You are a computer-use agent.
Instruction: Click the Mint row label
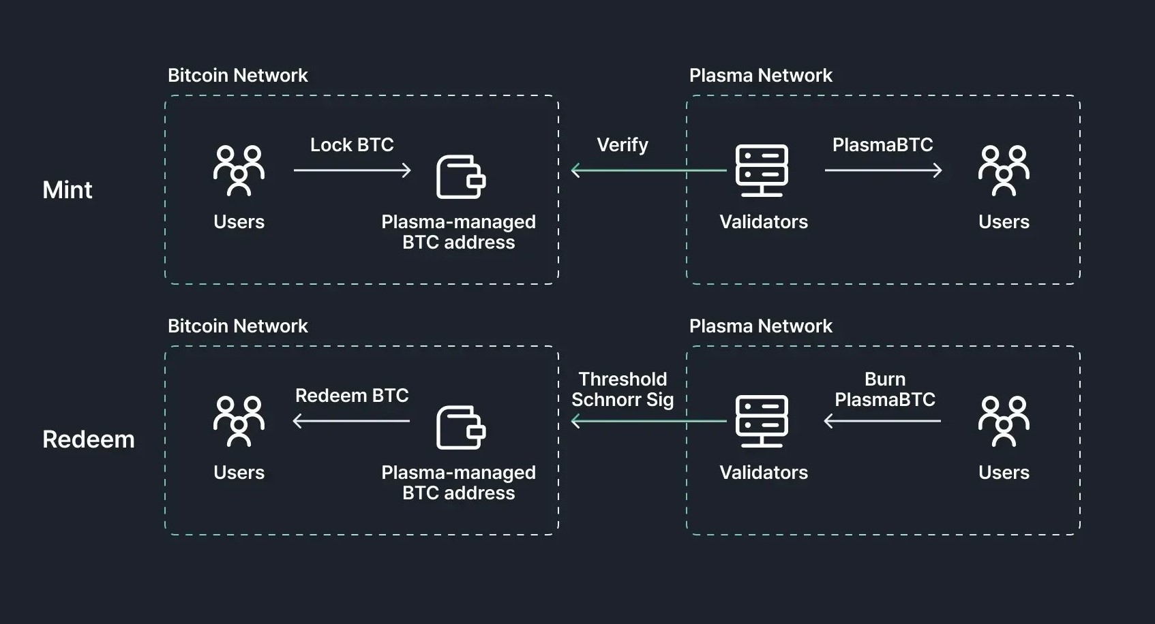67,189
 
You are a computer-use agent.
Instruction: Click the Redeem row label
88,439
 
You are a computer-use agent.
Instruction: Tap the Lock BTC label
352,144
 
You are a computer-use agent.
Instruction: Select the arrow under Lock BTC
352,170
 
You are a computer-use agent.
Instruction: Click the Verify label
622,144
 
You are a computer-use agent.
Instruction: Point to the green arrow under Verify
648,170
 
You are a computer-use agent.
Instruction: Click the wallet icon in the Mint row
460,177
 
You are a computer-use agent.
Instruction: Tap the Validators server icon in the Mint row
762,170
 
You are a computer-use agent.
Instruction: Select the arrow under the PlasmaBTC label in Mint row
883,170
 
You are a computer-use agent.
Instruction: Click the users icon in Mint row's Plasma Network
1004,170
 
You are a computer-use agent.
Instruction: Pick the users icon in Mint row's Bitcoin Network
239,170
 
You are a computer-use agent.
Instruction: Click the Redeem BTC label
352,395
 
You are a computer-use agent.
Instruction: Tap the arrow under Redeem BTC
352,421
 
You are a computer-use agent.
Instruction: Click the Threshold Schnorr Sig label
622,389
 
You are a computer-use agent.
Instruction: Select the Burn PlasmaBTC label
885,389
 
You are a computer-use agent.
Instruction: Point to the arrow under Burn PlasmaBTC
883,421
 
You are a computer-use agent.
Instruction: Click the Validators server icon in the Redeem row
762,421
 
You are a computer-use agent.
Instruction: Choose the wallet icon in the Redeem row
460,428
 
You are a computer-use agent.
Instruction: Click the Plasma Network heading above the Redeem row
760,326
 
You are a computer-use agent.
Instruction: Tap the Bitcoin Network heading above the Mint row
237,75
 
